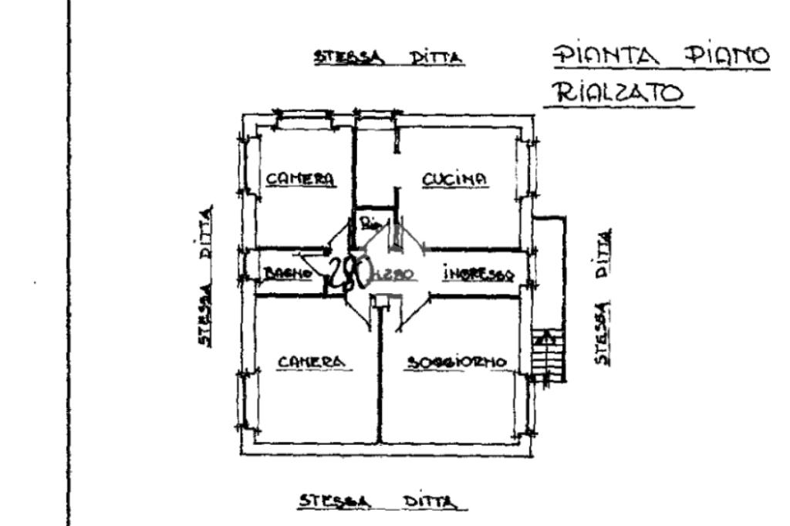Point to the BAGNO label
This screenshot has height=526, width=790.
click(286, 272)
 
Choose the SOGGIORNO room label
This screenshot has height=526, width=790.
click(457, 361)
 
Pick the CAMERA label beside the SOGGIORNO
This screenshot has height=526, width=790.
click(310, 361)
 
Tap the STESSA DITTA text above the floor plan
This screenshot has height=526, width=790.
click(387, 58)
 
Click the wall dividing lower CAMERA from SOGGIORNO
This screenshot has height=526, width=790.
click(381, 378)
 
